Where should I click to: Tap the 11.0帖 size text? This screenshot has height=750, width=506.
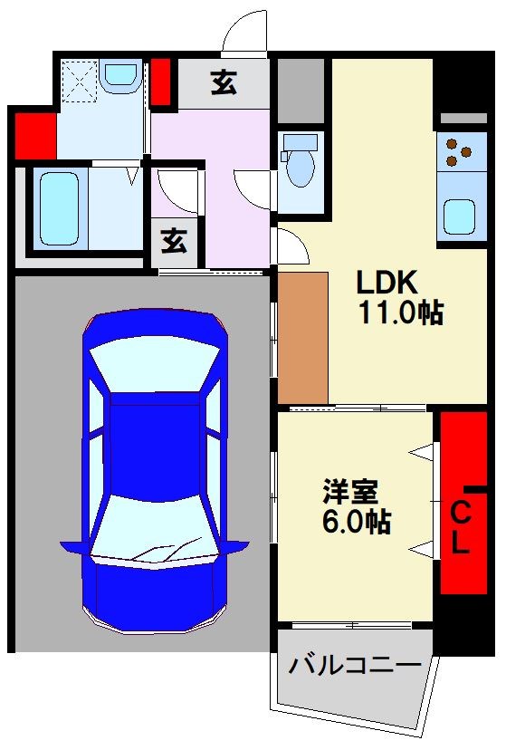398,313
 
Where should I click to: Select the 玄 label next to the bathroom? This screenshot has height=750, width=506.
175,241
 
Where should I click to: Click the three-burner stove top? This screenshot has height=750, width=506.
458,151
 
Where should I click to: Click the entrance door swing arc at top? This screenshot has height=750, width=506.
244,34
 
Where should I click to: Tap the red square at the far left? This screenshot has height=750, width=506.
35,135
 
